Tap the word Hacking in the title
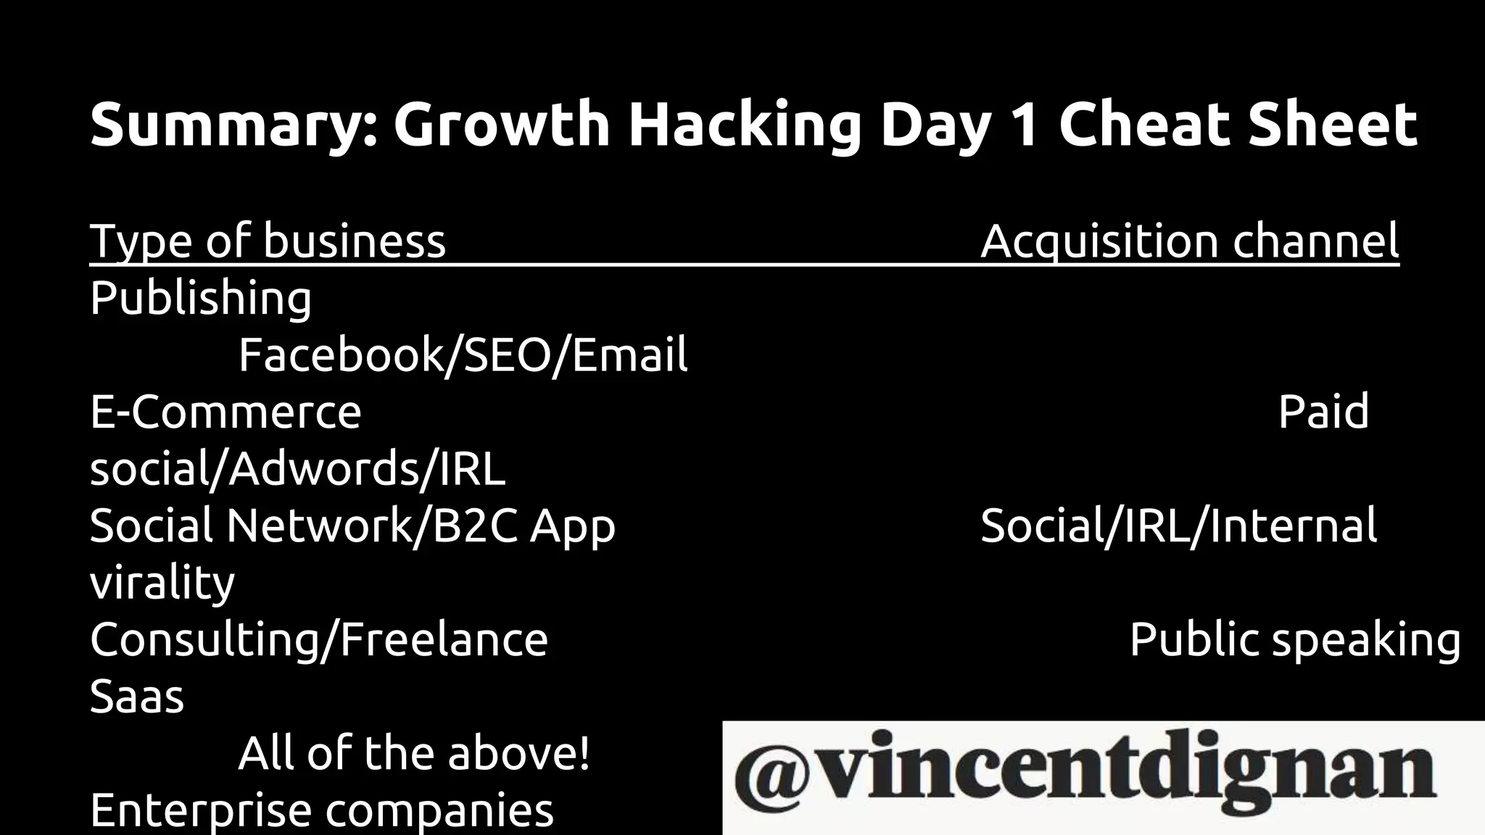[745, 125]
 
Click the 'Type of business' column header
[268, 241]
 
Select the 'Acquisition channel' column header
[1189, 241]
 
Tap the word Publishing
[201, 298]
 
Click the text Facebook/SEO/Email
[463, 355]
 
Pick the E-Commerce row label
[226, 412]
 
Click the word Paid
[1323, 412]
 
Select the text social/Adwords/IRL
[297, 469]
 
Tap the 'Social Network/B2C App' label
[352, 525]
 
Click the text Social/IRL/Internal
[1178, 525]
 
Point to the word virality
[162, 583]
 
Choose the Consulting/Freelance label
[319, 640]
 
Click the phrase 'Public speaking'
[1295, 640]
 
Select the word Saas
[137, 697]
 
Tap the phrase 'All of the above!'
[414, 754]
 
